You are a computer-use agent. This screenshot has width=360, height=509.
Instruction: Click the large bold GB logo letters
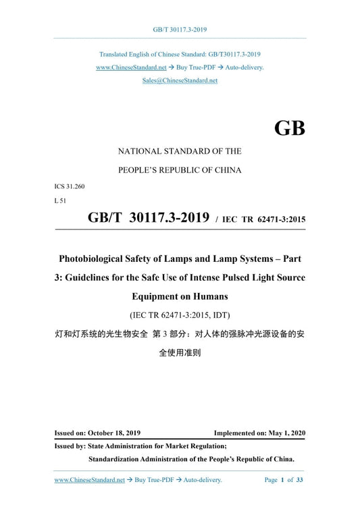click(290, 128)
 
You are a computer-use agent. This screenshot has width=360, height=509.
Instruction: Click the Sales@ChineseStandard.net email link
click(180, 80)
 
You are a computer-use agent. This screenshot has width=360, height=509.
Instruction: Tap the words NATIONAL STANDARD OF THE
click(180, 151)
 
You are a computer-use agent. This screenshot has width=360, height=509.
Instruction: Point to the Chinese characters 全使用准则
click(180, 352)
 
